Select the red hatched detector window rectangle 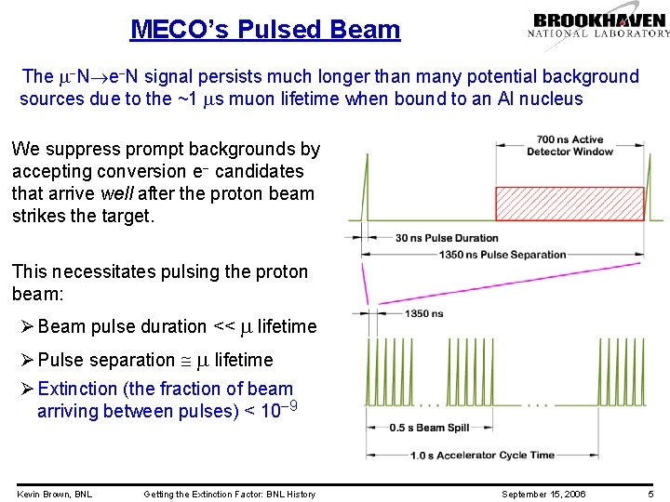(x=568, y=203)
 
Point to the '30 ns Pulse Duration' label (x=447, y=238)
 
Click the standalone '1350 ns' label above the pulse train (x=423, y=313)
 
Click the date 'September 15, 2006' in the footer (x=544, y=494)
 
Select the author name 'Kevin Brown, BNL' (x=54, y=494)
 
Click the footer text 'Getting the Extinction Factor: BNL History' (x=229, y=494)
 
